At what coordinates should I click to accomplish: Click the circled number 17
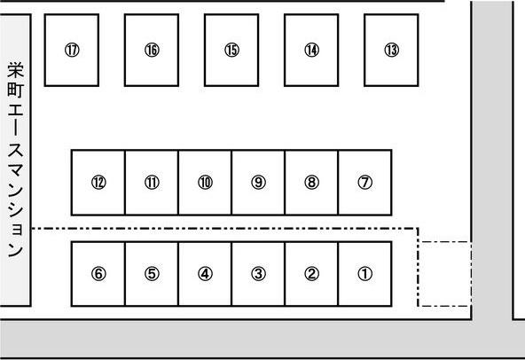(x=72, y=51)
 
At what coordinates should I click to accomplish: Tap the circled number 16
(x=152, y=51)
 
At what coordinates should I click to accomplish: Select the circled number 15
(x=231, y=51)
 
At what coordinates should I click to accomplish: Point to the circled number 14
(x=312, y=51)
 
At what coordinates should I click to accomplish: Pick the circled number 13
(x=392, y=51)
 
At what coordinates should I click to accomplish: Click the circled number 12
(x=98, y=183)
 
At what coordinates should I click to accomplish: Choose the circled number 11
(x=152, y=183)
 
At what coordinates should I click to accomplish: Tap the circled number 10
(x=205, y=183)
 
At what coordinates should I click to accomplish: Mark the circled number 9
(x=258, y=183)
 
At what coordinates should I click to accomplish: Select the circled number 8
(x=312, y=183)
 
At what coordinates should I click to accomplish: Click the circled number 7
(x=365, y=183)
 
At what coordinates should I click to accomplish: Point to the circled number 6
(x=98, y=274)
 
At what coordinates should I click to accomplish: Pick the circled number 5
(x=152, y=274)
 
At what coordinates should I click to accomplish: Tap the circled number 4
(x=205, y=274)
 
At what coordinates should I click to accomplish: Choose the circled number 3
(x=258, y=274)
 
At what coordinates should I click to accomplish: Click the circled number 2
(x=312, y=274)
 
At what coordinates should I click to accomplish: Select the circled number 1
(x=365, y=274)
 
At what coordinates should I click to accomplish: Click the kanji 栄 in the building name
(x=16, y=70)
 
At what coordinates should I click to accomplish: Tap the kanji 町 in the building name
(x=16, y=90)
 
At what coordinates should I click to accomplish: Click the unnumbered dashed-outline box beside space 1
(x=419, y=274)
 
